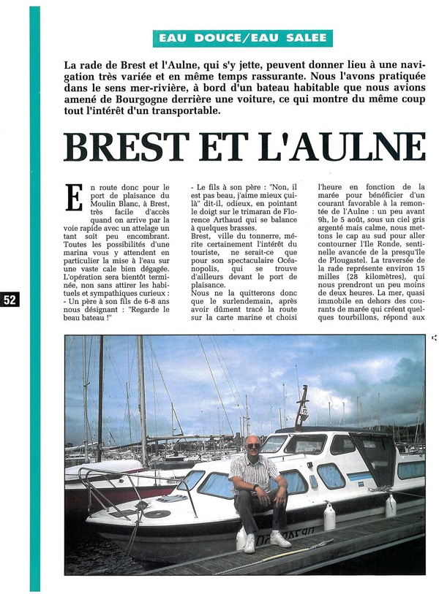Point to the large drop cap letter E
pos(74,198)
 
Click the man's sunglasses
pos(252,445)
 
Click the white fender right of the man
pos(329,517)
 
